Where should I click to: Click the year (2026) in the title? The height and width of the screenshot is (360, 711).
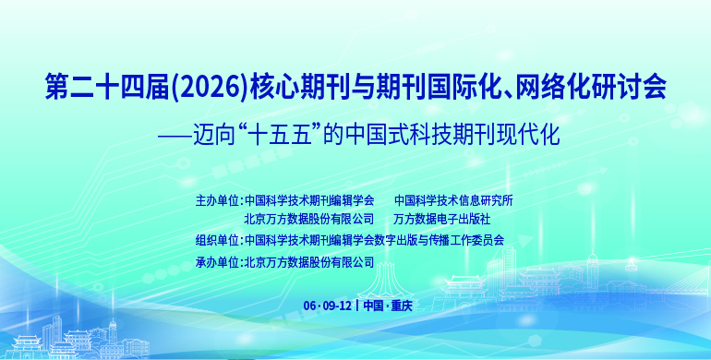click(211, 86)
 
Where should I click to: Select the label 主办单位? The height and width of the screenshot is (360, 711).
click(217, 200)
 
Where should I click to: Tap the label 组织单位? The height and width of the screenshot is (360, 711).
click(217, 240)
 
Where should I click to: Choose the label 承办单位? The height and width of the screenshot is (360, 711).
click(217, 262)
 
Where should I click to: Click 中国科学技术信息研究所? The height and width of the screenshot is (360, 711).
click(453, 200)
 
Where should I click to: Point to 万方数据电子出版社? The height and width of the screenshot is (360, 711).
click(442, 220)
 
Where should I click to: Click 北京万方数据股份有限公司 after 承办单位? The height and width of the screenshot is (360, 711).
click(309, 262)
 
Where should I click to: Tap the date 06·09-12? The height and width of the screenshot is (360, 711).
click(328, 306)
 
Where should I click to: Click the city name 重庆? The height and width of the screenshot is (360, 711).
click(402, 306)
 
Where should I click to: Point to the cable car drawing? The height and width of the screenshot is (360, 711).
click(631, 264)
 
